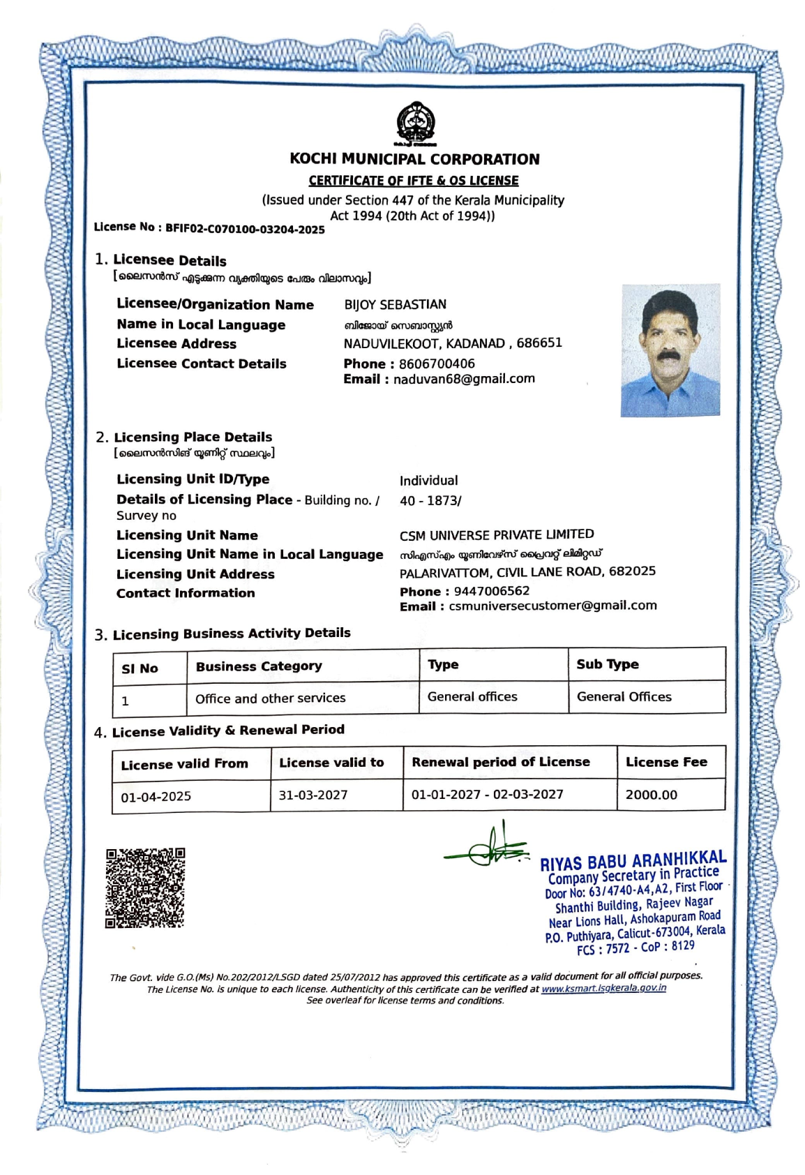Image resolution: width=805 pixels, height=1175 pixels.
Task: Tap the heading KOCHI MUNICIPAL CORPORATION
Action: click(x=414, y=159)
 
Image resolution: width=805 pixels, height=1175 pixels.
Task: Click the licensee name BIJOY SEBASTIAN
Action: click(x=395, y=305)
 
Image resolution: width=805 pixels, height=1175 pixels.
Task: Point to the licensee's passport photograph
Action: click(x=670, y=350)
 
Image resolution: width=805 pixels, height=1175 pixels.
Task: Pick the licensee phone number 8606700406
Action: click(x=437, y=364)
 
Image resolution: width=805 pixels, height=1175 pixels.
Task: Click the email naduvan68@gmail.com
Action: click(x=464, y=379)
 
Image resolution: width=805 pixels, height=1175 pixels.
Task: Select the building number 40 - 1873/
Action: click(x=430, y=501)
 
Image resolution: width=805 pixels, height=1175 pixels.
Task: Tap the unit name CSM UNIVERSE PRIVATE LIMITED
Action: click(x=497, y=535)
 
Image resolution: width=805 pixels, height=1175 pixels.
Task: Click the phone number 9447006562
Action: click(x=491, y=592)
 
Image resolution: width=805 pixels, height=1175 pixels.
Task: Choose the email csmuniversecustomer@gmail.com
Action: click(x=552, y=606)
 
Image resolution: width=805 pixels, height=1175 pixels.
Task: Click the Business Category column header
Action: click(x=259, y=666)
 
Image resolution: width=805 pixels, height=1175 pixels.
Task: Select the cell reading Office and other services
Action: click(x=270, y=698)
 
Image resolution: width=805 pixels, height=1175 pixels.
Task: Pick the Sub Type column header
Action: click(x=607, y=664)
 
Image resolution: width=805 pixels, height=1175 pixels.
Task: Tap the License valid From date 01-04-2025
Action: click(x=156, y=797)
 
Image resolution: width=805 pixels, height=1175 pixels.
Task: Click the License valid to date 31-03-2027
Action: click(x=313, y=795)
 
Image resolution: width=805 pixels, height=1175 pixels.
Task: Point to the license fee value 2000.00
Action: click(x=651, y=795)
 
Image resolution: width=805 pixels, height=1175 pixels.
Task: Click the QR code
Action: click(x=145, y=888)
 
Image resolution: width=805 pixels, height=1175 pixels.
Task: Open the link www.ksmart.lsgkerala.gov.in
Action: click(x=603, y=988)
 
